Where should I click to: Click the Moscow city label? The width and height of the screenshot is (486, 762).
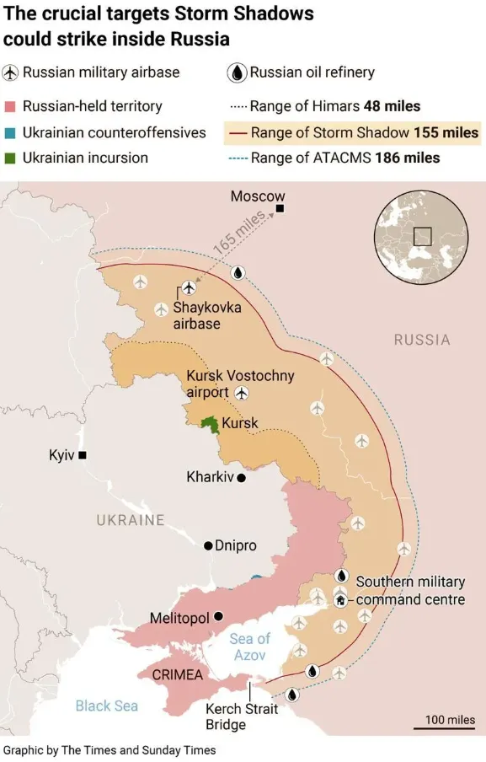coord(258,196)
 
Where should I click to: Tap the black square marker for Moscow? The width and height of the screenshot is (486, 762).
coord(280,208)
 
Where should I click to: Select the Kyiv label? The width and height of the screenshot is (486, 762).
coord(62,455)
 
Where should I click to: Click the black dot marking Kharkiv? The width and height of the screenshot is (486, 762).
coord(241,478)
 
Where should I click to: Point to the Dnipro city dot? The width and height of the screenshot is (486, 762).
coord(208,545)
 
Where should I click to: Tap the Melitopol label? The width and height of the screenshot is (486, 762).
coord(179,618)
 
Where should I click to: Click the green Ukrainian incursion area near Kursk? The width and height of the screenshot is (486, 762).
coord(209,426)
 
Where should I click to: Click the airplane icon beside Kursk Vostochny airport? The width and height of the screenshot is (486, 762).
coord(243,393)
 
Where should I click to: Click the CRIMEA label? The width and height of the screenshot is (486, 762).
coord(177,675)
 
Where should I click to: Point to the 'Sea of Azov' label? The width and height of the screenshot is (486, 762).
coord(250,647)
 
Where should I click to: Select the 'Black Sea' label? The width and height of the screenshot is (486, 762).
coord(106,706)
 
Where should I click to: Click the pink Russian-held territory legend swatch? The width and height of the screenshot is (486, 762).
coord(10,107)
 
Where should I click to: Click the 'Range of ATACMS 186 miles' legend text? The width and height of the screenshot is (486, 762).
coord(345,158)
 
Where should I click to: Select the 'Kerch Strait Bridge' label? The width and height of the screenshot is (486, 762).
coord(242,716)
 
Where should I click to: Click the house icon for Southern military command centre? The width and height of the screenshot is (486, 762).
coord(340,600)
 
